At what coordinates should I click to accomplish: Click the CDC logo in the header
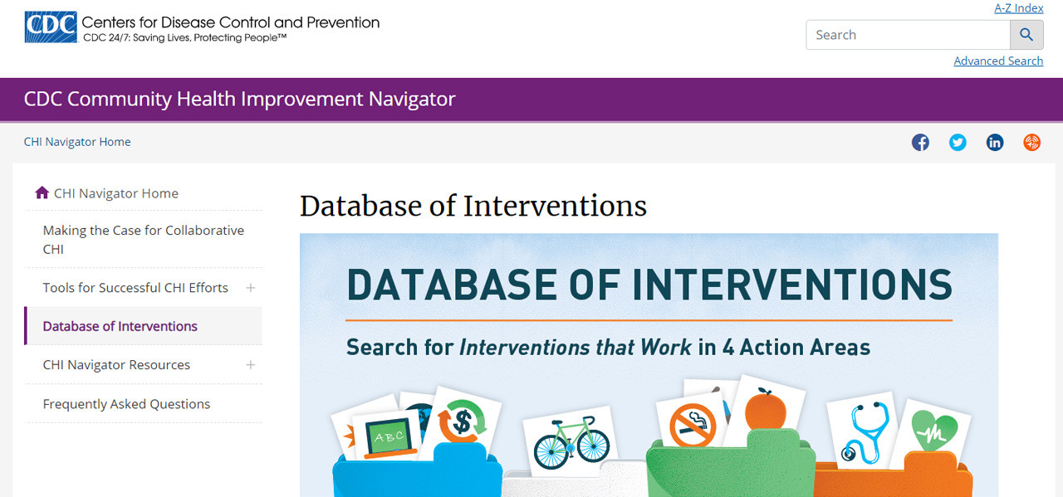click(51, 27)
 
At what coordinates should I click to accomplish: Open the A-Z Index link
click(1018, 8)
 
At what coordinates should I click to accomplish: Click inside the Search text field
click(908, 35)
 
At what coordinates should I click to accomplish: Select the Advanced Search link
click(998, 61)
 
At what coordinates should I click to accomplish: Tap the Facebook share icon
click(920, 142)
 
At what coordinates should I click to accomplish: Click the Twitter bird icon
click(958, 142)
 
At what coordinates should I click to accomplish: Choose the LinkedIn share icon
click(995, 142)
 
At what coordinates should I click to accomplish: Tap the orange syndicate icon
click(1031, 142)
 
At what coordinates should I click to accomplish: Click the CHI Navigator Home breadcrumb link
click(77, 142)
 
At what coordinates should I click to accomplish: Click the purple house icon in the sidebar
click(42, 192)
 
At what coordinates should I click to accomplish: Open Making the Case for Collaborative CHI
click(144, 240)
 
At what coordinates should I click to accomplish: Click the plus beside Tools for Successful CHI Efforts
click(251, 287)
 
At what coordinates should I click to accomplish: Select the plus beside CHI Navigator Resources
click(251, 365)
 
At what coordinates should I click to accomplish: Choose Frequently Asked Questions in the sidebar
click(126, 403)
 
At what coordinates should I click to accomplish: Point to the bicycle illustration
click(571, 442)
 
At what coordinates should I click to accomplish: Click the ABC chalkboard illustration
click(389, 438)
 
